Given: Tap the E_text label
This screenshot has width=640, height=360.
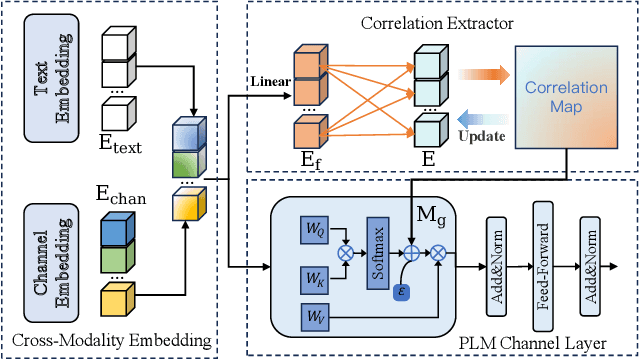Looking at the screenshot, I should pyautogui.click(x=120, y=146).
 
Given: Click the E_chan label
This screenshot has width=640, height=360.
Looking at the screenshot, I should pyautogui.click(x=120, y=196).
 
